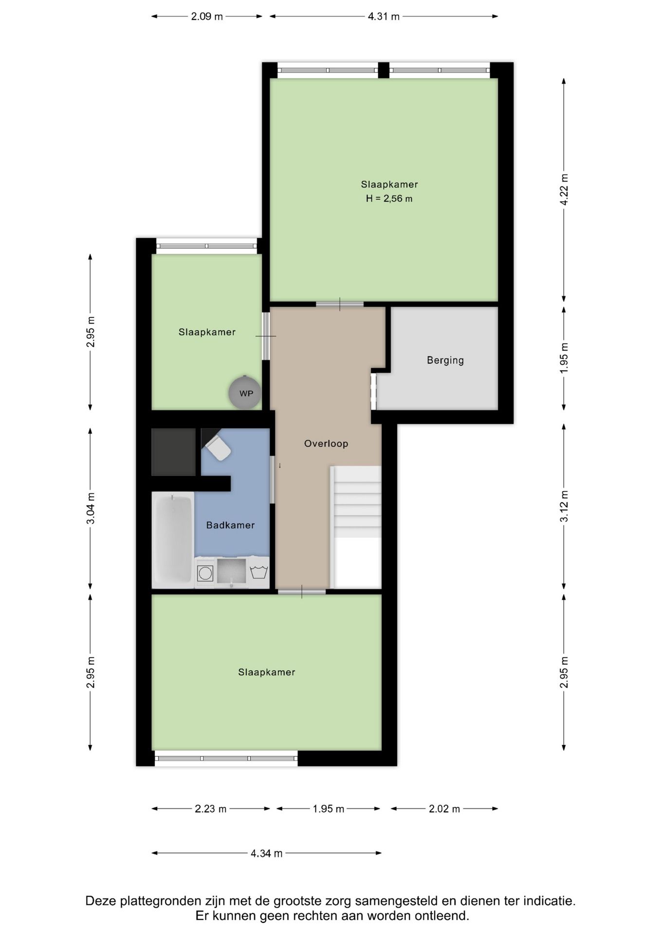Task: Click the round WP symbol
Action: point(245,393)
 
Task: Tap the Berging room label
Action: point(445,360)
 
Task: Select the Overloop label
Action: point(326,444)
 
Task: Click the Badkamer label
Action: point(230,525)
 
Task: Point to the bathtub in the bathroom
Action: point(173,540)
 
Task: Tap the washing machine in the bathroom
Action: point(205,573)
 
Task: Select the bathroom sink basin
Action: point(232,571)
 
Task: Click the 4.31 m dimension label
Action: point(384,17)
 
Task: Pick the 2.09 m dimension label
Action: point(207,17)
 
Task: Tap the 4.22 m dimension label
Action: point(564,189)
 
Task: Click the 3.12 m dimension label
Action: point(564,506)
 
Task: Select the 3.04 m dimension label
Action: point(91,508)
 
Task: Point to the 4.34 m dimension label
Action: point(267,853)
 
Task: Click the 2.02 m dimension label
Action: point(444,809)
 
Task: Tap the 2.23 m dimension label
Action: point(211,809)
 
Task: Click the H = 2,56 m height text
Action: point(389,199)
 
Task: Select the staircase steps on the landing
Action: point(356,502)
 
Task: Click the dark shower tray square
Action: point(174,452)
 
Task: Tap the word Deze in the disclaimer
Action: point(101,901)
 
